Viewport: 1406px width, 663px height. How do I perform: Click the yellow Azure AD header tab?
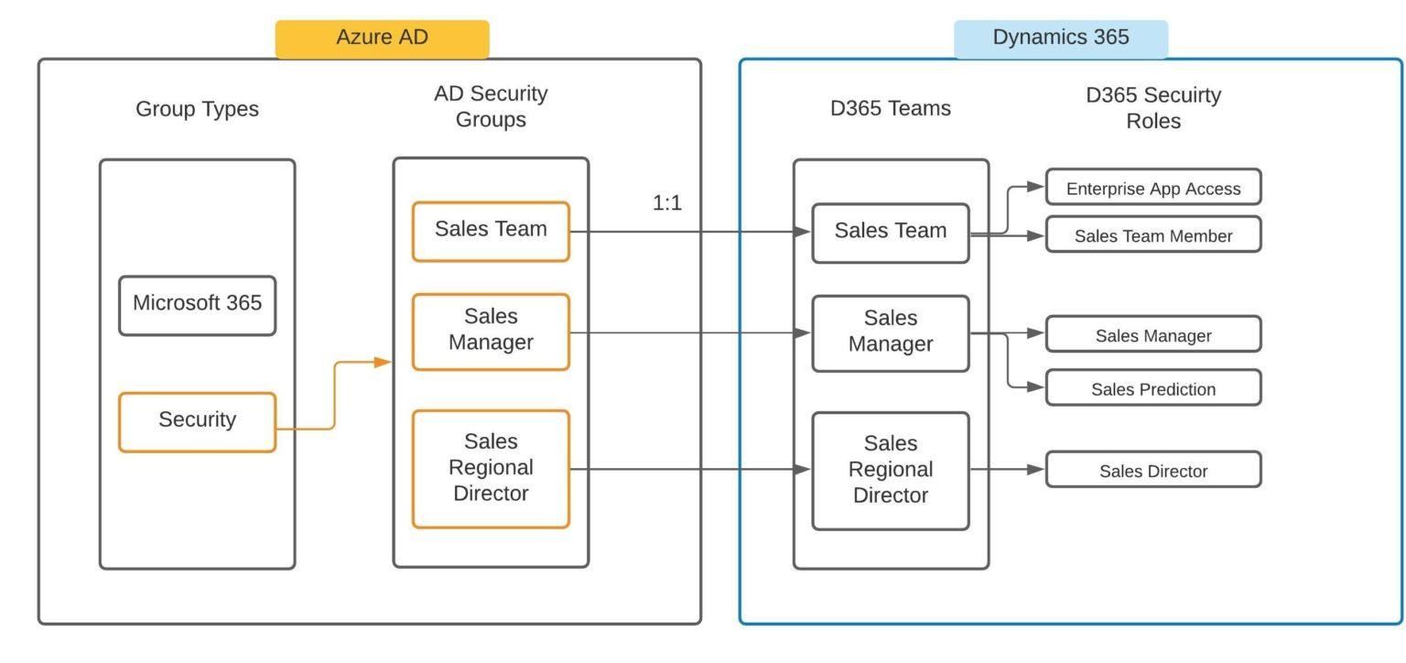382,38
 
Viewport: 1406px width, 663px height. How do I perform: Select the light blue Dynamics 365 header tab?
1061,38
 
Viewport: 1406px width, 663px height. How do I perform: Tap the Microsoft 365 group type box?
197,305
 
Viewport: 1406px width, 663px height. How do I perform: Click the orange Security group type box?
197,421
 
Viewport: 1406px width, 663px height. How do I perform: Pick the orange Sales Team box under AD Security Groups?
491,231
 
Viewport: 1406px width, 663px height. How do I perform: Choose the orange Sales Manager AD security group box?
491,331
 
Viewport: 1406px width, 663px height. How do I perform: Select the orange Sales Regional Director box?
491,468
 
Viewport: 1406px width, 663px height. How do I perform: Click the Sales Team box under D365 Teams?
890,233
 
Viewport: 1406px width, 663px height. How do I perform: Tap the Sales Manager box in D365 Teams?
890,332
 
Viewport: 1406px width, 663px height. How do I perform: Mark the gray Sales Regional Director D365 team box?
890,470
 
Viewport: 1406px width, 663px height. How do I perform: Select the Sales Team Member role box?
1152,234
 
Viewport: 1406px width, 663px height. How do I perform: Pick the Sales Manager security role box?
1152,334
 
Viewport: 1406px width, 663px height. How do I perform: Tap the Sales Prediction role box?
1152,387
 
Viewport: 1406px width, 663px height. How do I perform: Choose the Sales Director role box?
1152,469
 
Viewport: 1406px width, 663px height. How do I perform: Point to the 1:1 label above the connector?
666,203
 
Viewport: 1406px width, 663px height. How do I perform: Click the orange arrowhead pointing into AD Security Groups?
384,363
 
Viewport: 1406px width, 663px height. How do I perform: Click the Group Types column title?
197,109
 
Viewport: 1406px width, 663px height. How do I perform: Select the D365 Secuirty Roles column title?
1152,107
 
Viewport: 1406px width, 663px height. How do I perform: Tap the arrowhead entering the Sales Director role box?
1035,470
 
